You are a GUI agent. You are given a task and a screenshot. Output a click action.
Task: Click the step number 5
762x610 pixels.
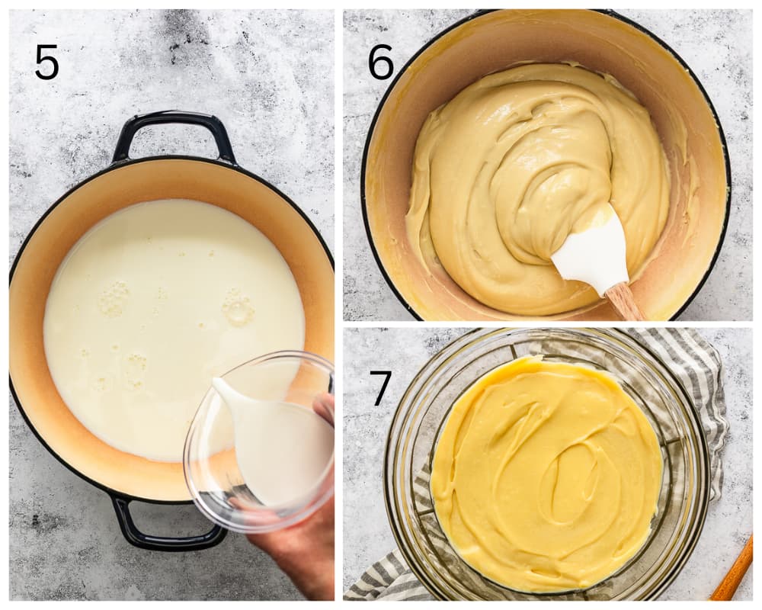(x=46, y=63)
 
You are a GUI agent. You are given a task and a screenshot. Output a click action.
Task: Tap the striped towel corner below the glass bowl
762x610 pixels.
(x=384, y=579)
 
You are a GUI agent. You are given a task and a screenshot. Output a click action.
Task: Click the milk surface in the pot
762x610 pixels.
(x=160, y=321)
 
